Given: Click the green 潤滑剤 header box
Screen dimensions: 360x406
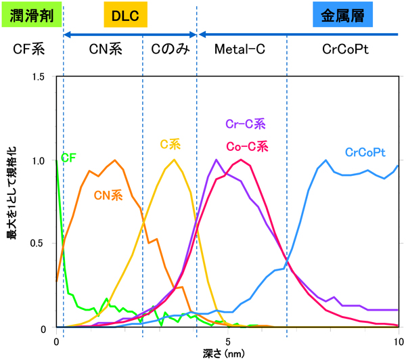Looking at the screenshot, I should [x=32, y=16].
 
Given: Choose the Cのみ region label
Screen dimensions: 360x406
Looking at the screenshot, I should [x=169, y=49].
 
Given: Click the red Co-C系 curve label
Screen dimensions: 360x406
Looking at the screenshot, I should [x=246, y=145].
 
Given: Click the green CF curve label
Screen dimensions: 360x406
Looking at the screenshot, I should [x=68, y=158].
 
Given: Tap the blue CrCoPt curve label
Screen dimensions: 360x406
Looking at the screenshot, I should [x=367, y=152].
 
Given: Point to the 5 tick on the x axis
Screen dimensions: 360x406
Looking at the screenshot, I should [x=228, y=340].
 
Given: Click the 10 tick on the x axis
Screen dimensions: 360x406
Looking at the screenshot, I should [x=397, y=340].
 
